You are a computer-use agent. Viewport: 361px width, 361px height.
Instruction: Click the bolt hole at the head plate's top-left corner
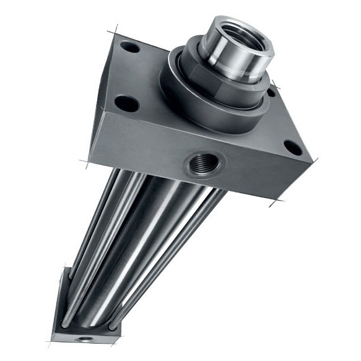(x=129, y=46)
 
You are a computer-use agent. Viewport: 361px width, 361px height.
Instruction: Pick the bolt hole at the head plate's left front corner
(x=126, y=103)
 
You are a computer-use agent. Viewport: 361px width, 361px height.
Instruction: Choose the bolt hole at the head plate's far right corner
(x=292, y=148)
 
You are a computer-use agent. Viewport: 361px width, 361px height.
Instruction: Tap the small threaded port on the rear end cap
(x=82, y=339)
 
